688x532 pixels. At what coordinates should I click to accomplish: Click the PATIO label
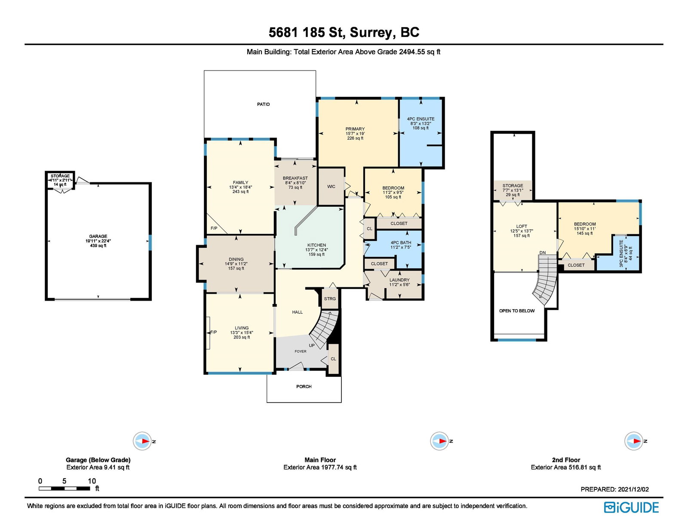coord(263,104)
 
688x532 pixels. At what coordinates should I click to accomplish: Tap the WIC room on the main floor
coord(331,187)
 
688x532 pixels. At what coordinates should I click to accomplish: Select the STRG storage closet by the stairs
coord(330,298)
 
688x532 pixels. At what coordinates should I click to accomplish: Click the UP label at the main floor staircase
coord(312,345)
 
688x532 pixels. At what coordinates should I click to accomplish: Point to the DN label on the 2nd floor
coord(542,253)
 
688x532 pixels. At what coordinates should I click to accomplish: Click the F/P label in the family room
coord(214,228)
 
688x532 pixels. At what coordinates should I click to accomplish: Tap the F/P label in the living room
coord(214,332)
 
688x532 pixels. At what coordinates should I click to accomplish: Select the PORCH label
coord(304,387)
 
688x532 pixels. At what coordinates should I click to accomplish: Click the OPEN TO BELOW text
coord(517,311)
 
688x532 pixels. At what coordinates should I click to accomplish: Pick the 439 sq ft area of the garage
coord(98,246)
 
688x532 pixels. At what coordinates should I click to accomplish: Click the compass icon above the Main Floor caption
coord(439,441)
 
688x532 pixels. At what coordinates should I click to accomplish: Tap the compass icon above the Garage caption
coord(142,441)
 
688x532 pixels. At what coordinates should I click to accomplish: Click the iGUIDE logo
coord(631,507)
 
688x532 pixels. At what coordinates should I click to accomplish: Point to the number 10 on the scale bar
coord(92,481)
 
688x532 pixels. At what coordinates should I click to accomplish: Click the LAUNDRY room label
coord(399,280)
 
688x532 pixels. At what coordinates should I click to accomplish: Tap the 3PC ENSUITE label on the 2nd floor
coord(621,254)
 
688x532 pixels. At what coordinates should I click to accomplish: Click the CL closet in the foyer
coord(333,359)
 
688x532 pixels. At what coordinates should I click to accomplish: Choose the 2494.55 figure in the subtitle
coord(412,52)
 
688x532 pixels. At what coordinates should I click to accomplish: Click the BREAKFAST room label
coord(295,178)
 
